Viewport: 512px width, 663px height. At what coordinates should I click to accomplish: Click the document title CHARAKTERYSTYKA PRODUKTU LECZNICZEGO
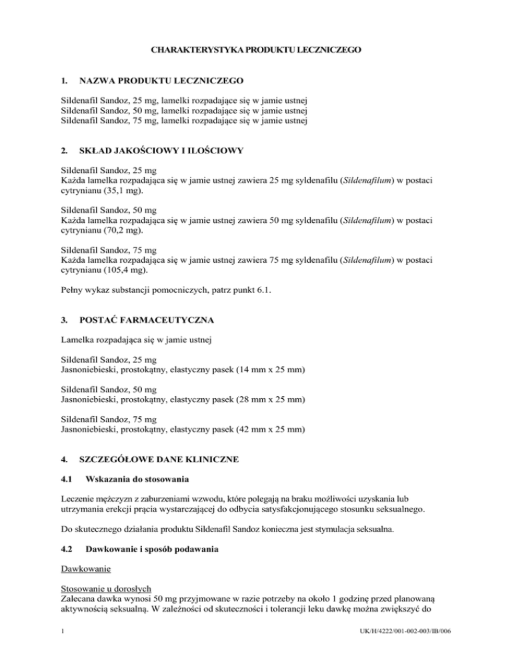pyautogui.click(x=256, y=50)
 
